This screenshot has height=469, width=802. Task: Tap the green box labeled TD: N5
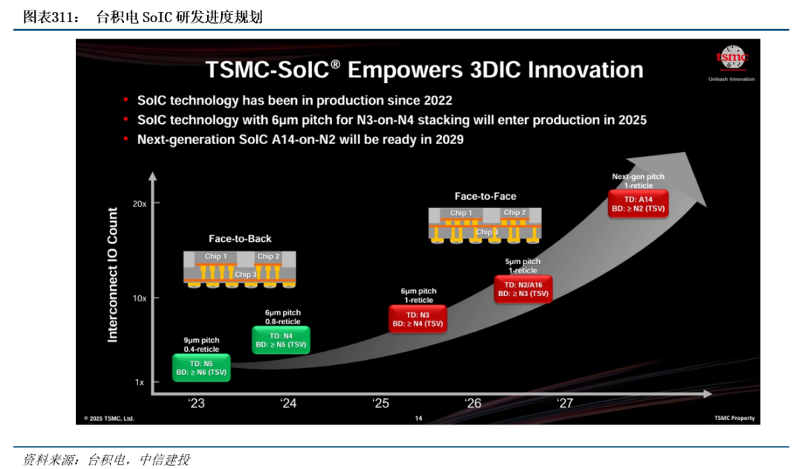201,368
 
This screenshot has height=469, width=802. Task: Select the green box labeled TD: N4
281,340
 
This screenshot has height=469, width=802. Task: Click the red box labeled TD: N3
418,319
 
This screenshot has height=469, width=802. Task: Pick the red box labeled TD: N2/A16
524,289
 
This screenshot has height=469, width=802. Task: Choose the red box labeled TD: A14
639,204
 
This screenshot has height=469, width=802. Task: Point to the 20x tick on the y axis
140,204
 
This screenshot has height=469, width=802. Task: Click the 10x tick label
140,298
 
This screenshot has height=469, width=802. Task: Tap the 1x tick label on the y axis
140,382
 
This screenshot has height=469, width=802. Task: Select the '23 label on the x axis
196,403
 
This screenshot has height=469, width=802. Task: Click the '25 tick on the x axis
380,403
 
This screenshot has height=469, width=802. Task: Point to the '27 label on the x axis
564,403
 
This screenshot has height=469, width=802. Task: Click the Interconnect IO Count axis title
113,275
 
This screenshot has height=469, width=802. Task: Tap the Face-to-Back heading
240,239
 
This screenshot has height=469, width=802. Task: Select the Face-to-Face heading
486,196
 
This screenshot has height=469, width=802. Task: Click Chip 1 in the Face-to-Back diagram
215,257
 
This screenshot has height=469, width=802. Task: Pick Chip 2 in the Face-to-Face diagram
515,212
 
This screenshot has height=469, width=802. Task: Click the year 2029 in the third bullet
449,140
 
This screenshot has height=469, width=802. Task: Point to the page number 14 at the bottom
418,419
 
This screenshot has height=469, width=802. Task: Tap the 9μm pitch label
201,341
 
